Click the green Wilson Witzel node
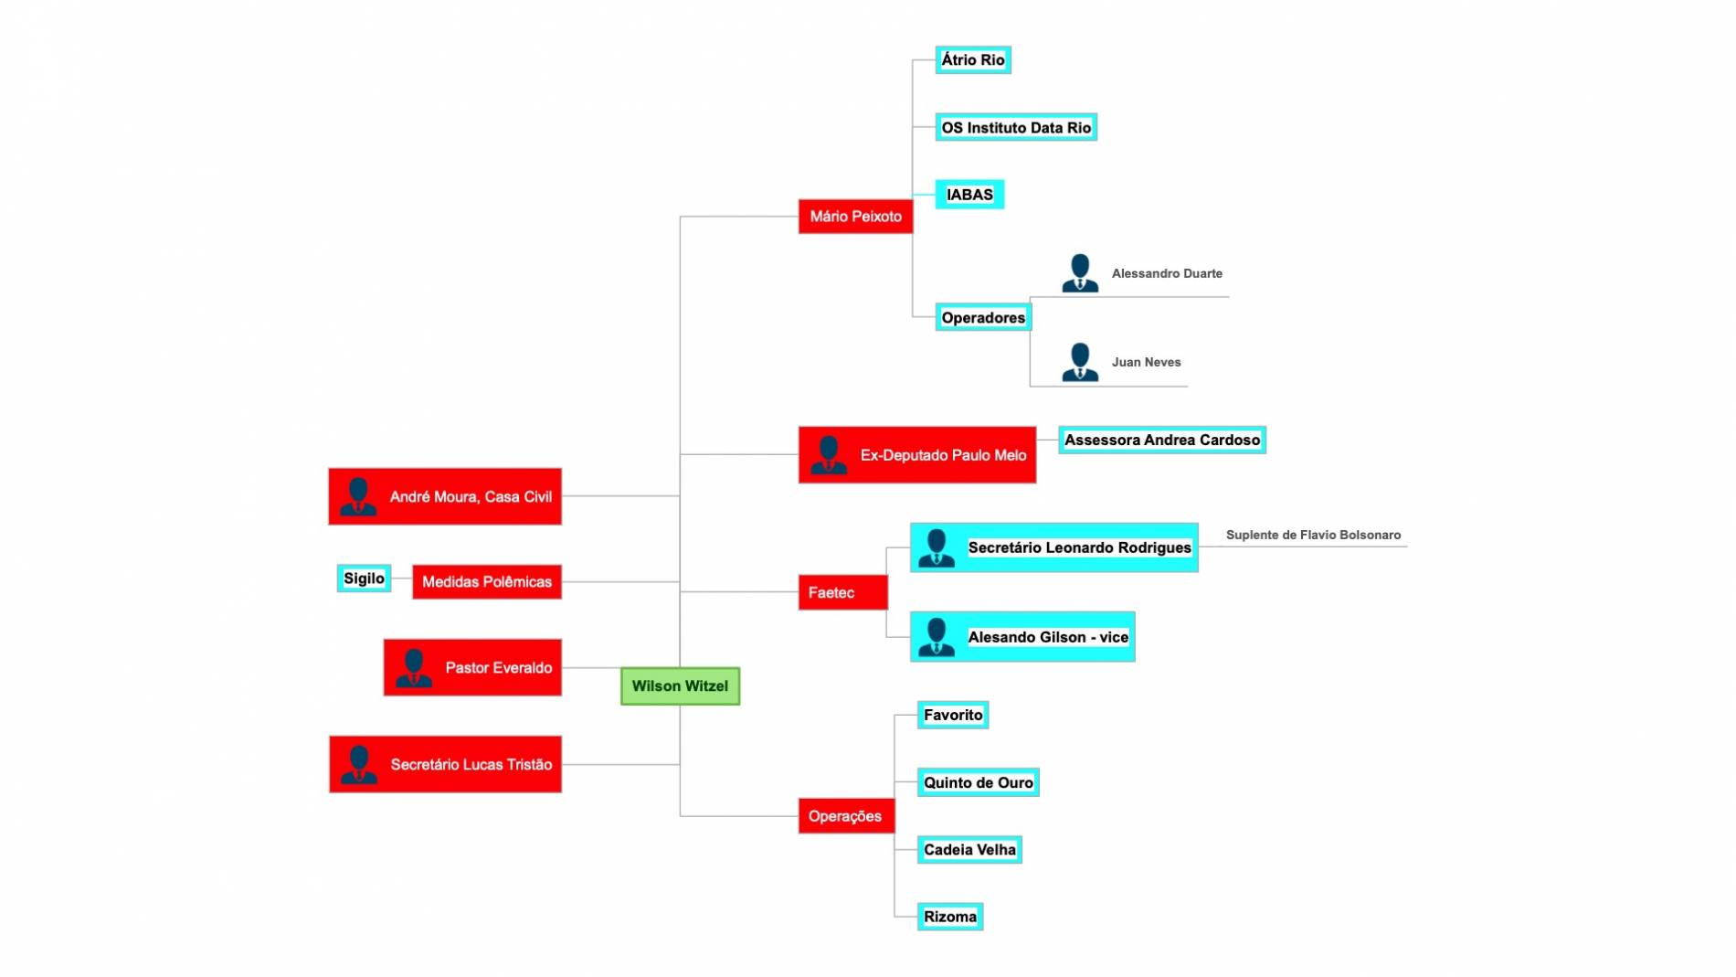click(x=680, y=685)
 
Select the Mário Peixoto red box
click(x=855, y=217)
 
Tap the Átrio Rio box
click(x=973, y=60)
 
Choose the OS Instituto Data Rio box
click(x=1016, y=127)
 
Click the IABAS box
click(x=969, y=195)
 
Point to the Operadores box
click(x=983, y=317)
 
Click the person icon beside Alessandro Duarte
click(x=1080, y=273)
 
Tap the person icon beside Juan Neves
click(x=1080, y=362)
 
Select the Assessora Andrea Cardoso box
click(x=1162, y=440)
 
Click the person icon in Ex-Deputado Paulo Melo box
click(x=829, y=455)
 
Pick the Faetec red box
click(x=842, y=592)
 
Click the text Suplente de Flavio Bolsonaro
click(x=1313, y=535)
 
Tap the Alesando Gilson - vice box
click(x=1022, y=637)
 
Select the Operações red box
click(x=846, y=816)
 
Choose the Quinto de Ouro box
click(x=978, y=782)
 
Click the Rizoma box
click(x=950, y=917)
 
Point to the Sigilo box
click(x=364, y=579)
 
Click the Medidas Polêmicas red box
click(x=487, y=582)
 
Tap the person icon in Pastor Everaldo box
click(x=414, y=668)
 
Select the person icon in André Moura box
click(x=358, y=497)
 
